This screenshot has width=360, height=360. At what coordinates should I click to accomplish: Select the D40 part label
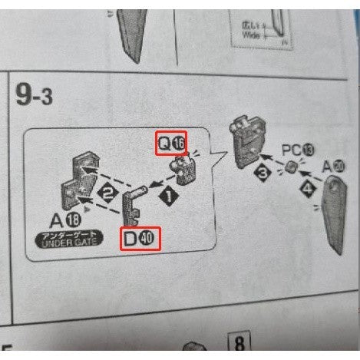point(140,239)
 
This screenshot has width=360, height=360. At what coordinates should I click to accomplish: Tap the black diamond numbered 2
point(109,192)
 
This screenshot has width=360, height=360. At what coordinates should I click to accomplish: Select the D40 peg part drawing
point(133,205)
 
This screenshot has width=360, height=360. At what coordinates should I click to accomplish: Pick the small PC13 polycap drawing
point(292,168)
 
